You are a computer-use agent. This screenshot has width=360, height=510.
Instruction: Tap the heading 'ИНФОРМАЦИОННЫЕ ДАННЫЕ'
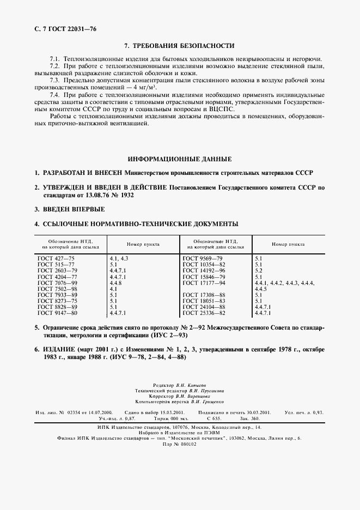pyautogui.click(x=179, y=159)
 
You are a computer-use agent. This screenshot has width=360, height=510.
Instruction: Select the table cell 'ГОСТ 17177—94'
pyautogui.click(x=204, y=283)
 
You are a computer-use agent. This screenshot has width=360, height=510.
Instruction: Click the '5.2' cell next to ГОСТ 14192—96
pyautogui.click(x=259, y=270)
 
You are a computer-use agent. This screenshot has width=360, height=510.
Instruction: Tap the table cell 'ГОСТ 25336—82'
pyautogui.click(x=204, y=314)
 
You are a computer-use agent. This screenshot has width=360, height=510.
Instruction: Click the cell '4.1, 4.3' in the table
pyautogui.click(x=119, y=257)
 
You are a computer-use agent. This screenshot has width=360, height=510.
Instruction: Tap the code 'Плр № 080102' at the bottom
pyautogui.click(x=179, y=444)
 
